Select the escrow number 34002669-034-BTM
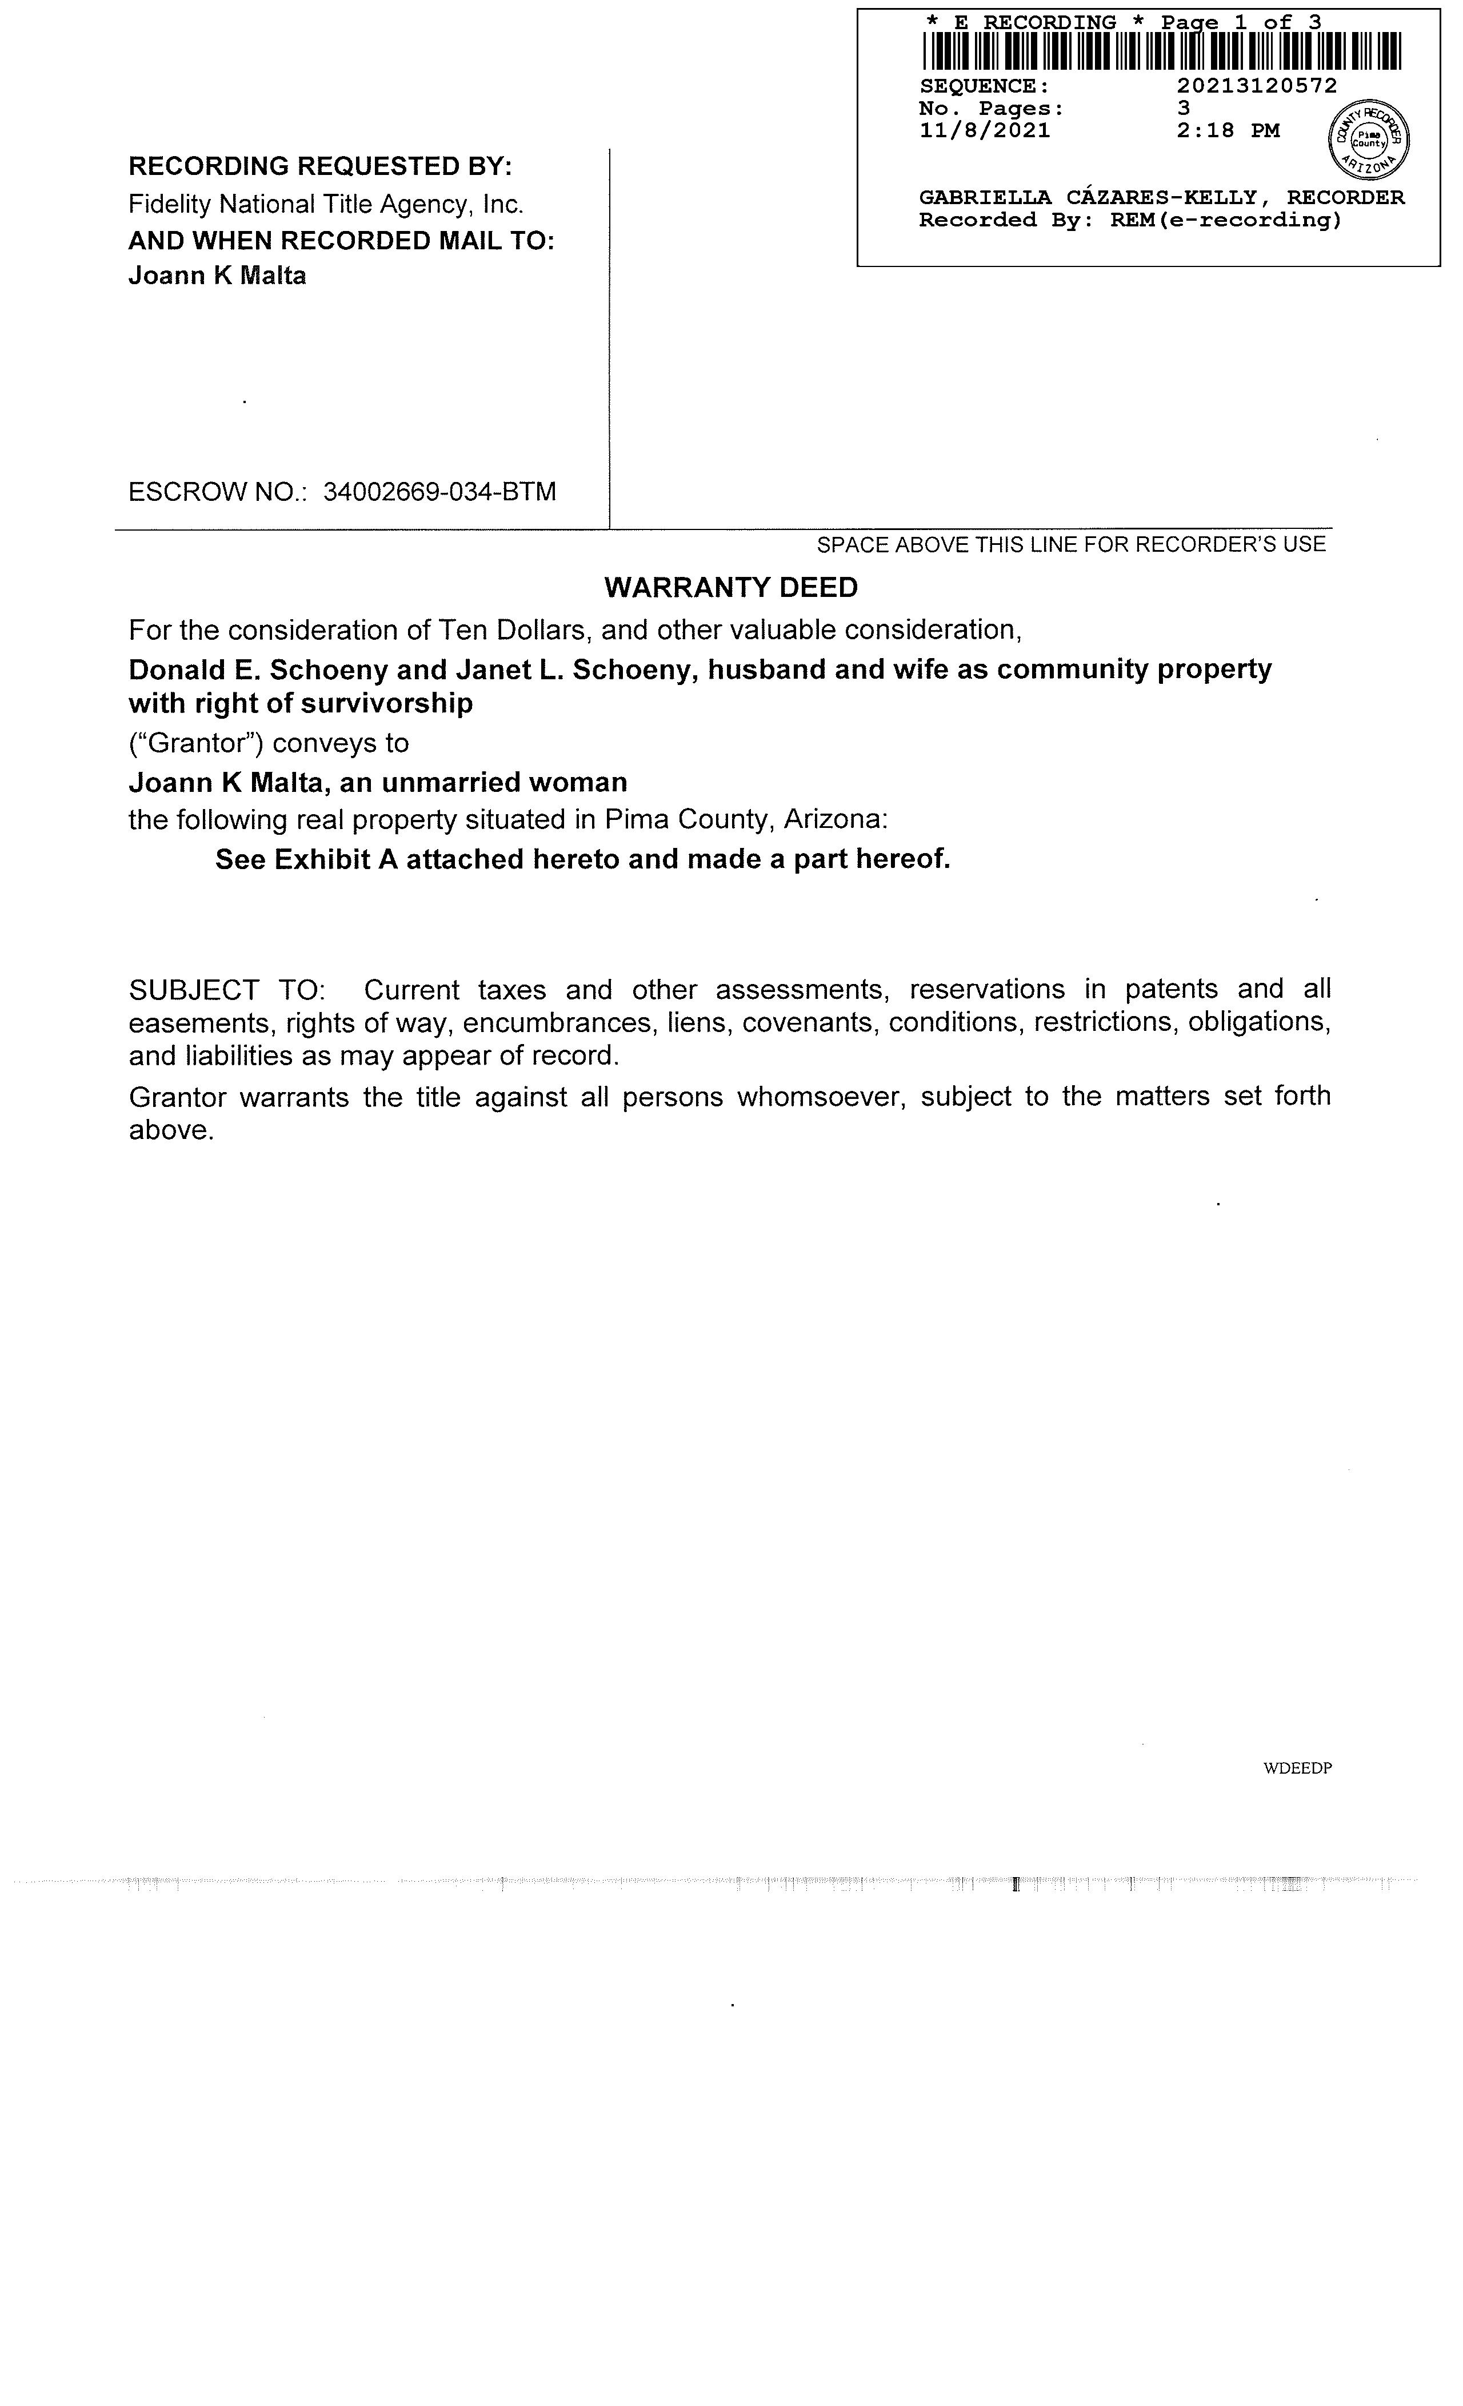tap(439, 491)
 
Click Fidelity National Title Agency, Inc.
tap(326, 204)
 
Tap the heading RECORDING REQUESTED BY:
tap(320, 166)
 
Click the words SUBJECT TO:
tap(226, 990)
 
